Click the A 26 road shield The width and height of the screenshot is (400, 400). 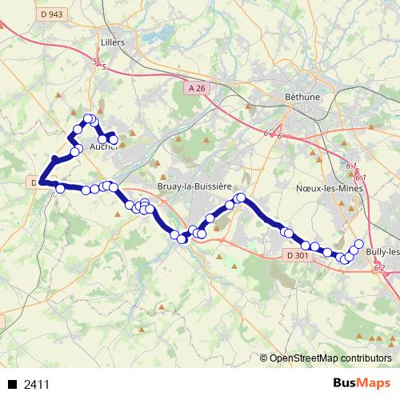click(198, 86)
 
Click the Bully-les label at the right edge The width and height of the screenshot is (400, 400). click(382, 251)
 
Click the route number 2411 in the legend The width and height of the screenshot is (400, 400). click(37, 385)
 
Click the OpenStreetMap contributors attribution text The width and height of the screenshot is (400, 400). click(330, 358)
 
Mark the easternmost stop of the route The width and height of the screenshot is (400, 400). click(359, 244)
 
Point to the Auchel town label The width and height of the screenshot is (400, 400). click(102, 147)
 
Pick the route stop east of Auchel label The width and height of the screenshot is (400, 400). click(113, 140)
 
